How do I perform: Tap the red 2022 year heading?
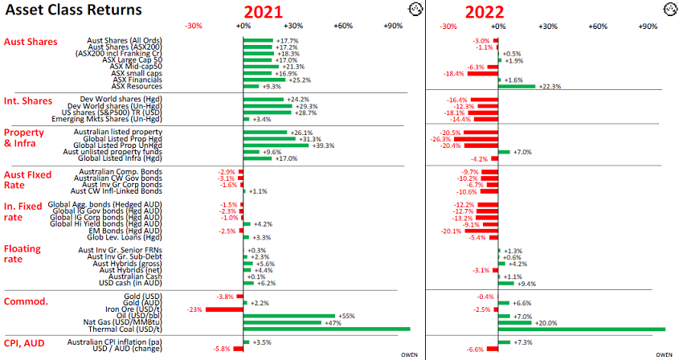point(484,11)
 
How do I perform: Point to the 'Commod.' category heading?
point(27,301)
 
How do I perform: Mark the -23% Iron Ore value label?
point(194,309)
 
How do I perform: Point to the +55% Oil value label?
point(347,316)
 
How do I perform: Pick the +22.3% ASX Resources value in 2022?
point(550,86)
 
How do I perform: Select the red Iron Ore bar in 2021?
point(224,309)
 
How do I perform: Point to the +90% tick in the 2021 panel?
point(393,27)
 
